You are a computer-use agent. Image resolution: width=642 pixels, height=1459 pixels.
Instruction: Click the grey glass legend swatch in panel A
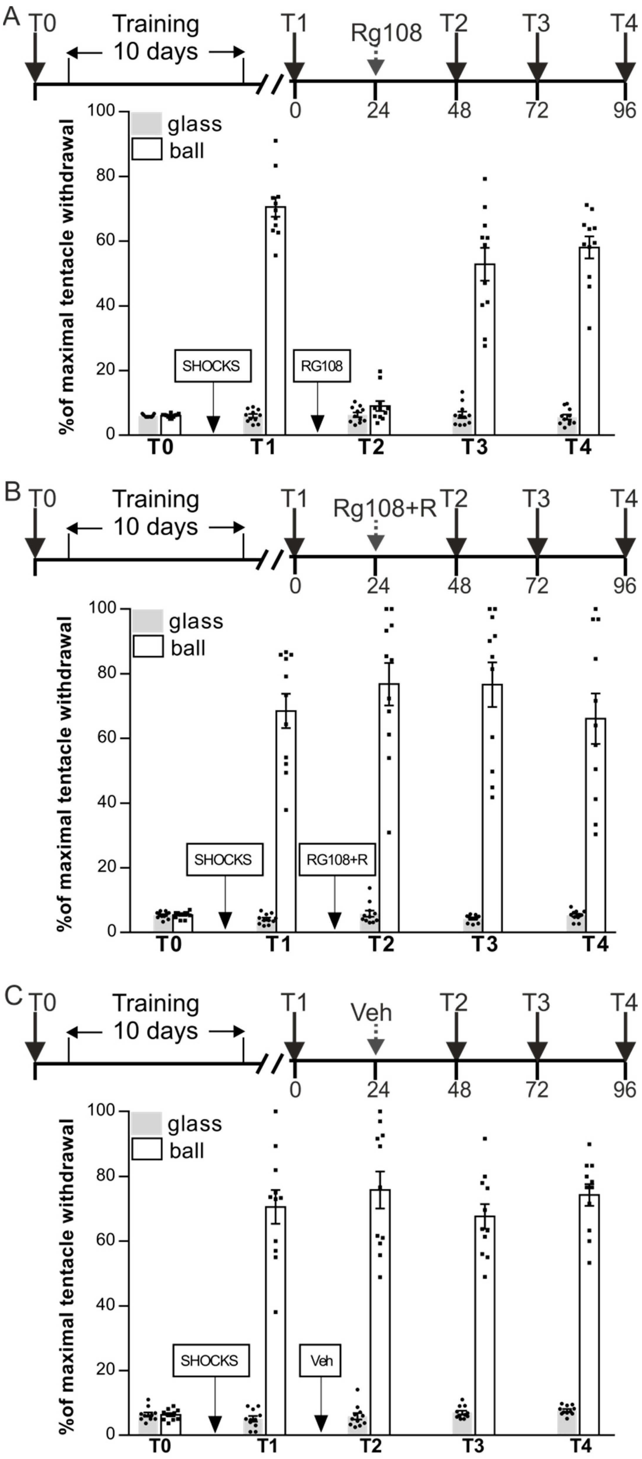(146, 124)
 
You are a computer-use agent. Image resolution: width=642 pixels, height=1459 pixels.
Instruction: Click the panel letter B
(12, 492)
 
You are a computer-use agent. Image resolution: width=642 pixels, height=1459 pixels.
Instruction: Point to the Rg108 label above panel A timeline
(386, 33)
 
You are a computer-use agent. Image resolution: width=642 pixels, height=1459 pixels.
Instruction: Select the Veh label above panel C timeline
(371, 1012)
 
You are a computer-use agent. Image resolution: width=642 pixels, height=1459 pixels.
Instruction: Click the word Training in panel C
(156, 1003)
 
